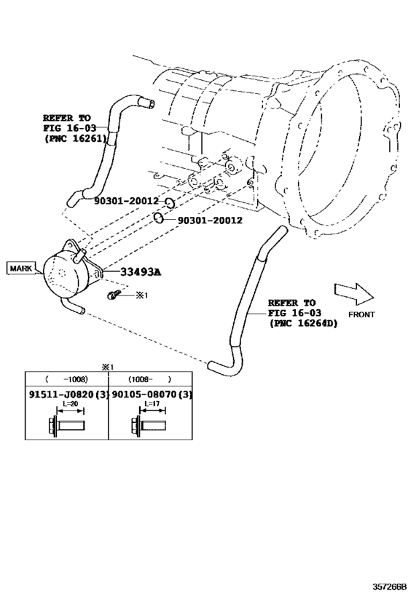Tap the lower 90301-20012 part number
pyautogui.click(x=210, y=219)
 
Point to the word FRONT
pyautogui.click(x=361, y=314)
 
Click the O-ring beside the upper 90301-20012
pyautogui.click(x=168, y=202)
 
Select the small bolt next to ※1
pyautogui.click(x=112, y=295)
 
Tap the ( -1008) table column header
pyautogui.click(x=66, y=379)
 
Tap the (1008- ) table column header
pyautogui.click(x=149, y=379)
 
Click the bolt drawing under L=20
pyautogui.click(x=66, y=423)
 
